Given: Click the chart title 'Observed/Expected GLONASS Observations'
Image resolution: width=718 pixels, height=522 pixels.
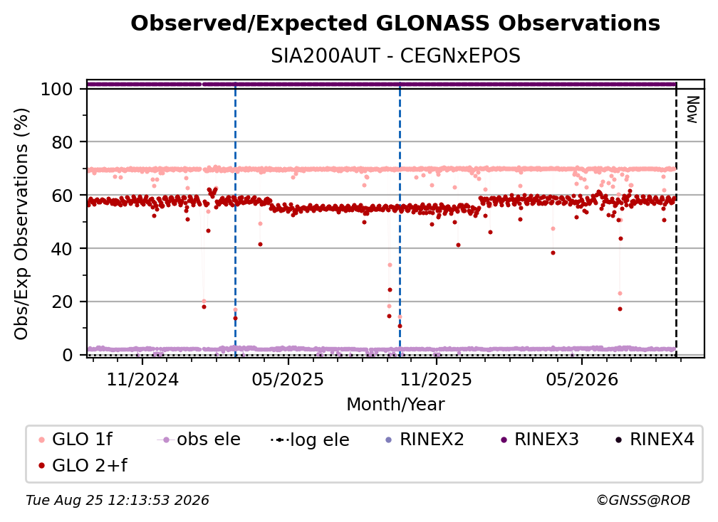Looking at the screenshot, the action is [395, 23].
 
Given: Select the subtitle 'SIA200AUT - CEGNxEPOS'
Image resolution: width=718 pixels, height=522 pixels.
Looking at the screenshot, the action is [395, 56].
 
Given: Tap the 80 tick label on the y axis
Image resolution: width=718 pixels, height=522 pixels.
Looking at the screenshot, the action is [62, 143].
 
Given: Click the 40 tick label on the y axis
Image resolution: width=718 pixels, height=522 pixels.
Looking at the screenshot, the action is [62, 249].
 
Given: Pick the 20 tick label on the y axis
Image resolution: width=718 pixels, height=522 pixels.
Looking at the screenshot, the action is [62, 302].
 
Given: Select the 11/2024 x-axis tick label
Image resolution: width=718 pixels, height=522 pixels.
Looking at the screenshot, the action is [142, 379].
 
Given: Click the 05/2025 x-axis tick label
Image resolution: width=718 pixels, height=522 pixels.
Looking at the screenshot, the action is [288, 379].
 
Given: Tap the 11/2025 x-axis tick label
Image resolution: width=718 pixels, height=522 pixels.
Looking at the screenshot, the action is [436, 379].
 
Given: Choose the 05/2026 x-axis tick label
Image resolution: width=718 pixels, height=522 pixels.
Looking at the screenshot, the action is [581, 379].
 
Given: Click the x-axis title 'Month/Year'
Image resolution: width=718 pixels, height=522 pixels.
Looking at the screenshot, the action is [395, 405].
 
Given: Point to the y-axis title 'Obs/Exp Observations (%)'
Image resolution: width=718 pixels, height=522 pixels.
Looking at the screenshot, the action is [21, 224].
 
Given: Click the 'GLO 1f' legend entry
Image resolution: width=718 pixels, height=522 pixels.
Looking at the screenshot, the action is [75, 440].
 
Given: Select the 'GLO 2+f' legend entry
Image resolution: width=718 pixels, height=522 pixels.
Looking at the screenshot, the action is [83, 466].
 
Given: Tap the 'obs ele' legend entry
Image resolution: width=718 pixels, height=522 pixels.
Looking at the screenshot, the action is [199, 440].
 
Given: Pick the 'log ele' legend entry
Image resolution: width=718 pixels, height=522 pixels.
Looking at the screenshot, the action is [310, 440].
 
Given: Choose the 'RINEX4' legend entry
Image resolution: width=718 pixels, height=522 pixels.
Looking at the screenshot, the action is [655, 440].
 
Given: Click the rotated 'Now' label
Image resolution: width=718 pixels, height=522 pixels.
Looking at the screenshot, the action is [692, 110].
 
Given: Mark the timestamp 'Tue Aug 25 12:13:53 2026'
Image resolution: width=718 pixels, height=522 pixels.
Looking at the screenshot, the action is [118, 501].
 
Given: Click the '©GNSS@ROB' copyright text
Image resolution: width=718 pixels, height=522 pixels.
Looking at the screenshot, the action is [643, 501].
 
